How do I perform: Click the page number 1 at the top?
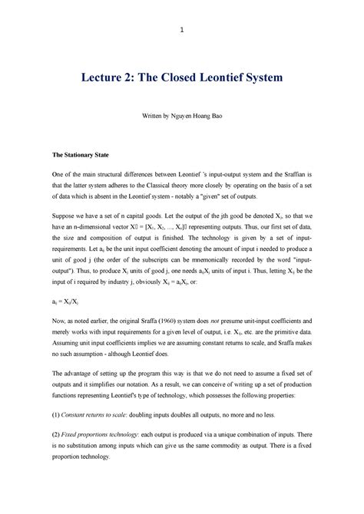tap(181, 30)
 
